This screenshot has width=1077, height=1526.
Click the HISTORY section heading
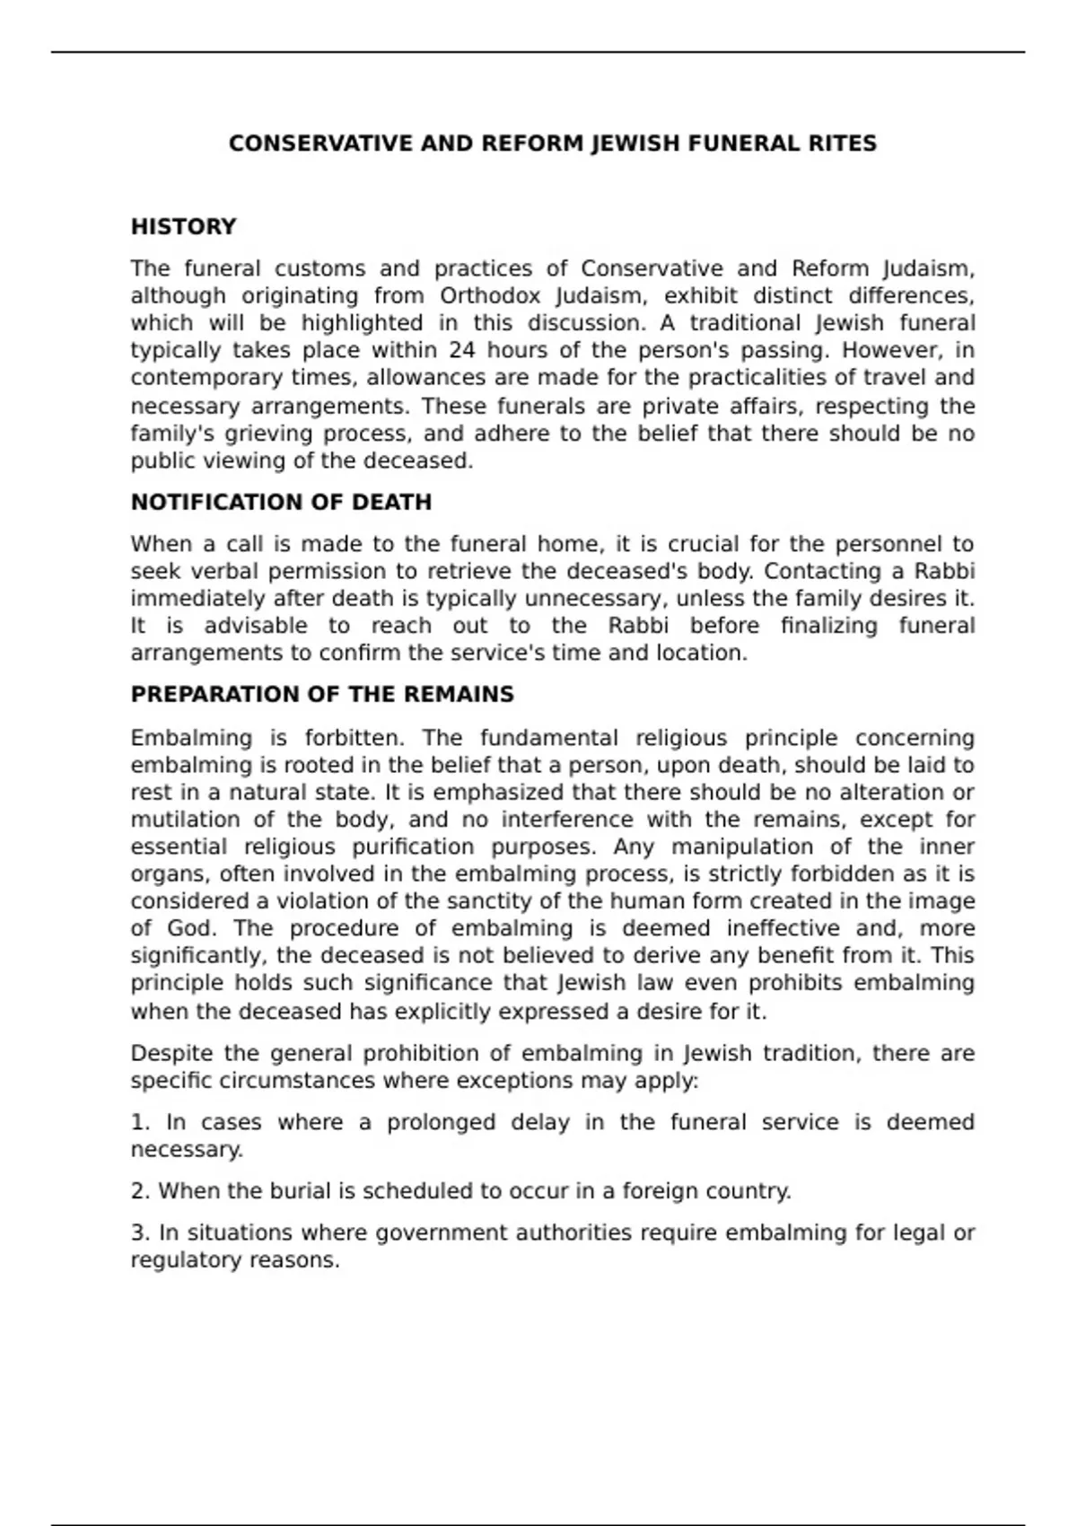[x=183, y=227]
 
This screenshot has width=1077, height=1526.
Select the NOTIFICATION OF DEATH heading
[x=281, y=503]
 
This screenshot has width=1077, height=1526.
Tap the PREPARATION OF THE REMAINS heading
[x=322, y=695]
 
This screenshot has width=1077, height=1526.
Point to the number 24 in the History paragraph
[x=462, y=350]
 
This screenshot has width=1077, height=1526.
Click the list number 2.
[x=140, y=1191]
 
